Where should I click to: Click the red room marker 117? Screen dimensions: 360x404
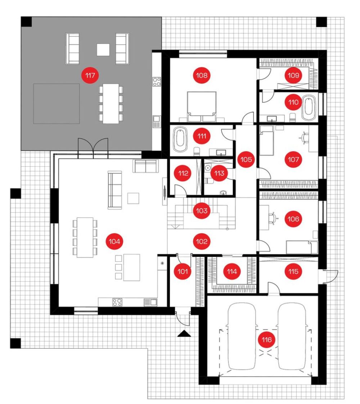click(x=90, y=75)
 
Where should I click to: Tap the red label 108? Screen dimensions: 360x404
click(x=202, y=75)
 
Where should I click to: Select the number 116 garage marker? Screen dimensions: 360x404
click(x=266, y=340)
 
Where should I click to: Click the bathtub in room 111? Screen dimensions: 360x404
click(x=180, y=140)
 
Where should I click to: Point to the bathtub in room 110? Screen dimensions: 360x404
click(x=309, y=108)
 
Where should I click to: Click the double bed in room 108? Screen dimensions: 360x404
click(x=202, y=107)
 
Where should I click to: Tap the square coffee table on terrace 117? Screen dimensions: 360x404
click(x=103, y=50)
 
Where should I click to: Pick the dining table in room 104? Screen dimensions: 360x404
click(x=85, y=238)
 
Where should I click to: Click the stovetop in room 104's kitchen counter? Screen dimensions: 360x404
click(x=117, y=302)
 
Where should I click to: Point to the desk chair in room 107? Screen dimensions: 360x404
click(x=305, y=137)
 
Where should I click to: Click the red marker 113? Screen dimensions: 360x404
click(x=219, y=173)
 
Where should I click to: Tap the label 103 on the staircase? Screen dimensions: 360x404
click(x=202, y=211)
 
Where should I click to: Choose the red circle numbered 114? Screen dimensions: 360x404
click(x=232, y=271)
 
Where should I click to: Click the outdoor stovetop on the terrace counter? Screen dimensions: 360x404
click(x=157, y=82)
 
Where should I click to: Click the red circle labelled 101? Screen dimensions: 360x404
click(x=183, y=271)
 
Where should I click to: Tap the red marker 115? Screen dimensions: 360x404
click(x=293, y=271)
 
